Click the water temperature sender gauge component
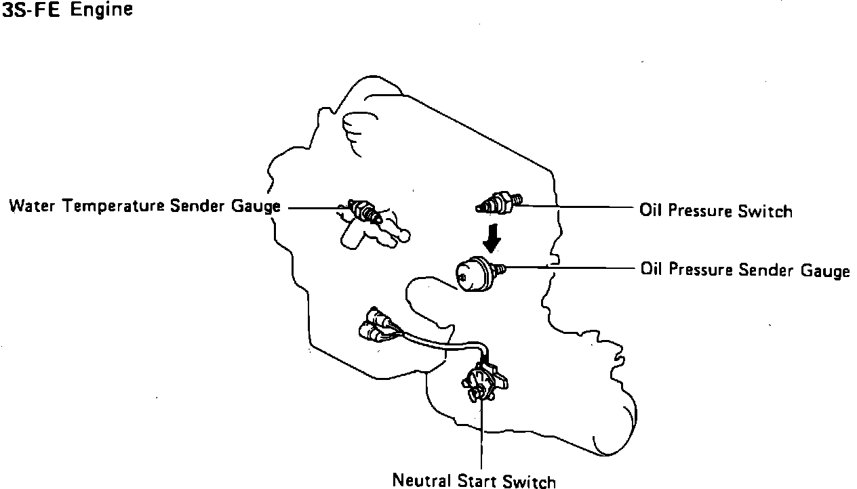(x=363, y=211)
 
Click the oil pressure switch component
(x=500, y=201)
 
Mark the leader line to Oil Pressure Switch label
(x=576, y=205)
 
